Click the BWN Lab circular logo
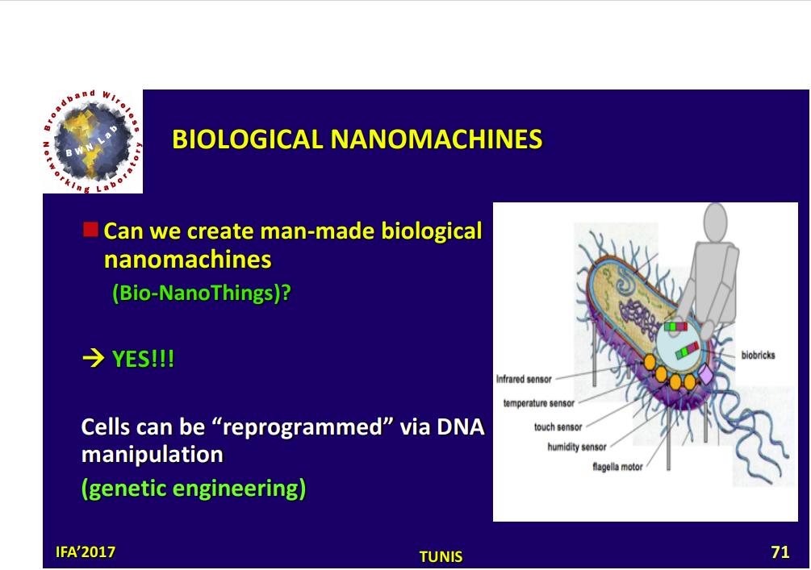point(92,142)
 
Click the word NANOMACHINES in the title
point(436,139)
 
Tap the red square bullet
point(90,230)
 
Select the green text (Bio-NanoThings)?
point(202,293)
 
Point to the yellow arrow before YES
point(93,358)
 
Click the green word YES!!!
point(144,359)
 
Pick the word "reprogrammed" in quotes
point(302,427)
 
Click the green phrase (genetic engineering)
point(194,489)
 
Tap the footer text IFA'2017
point(86,552)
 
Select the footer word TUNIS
point(441,556)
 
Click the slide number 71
point(780,552)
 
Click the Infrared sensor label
point(524,379)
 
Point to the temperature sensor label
point(538,403)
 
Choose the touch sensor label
point(558,426)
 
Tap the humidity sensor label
point(577,447)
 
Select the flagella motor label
point(617,467)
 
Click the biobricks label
point(758,355)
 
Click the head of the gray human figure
point(715,222)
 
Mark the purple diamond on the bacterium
point(705,374)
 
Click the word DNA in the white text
point(460,426)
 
